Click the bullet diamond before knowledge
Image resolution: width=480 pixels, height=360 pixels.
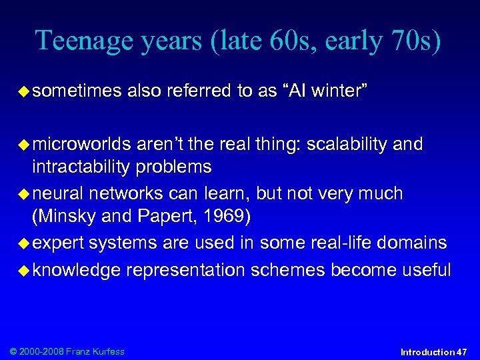(22, 271)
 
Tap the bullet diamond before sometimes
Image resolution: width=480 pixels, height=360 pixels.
(22, 91)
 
